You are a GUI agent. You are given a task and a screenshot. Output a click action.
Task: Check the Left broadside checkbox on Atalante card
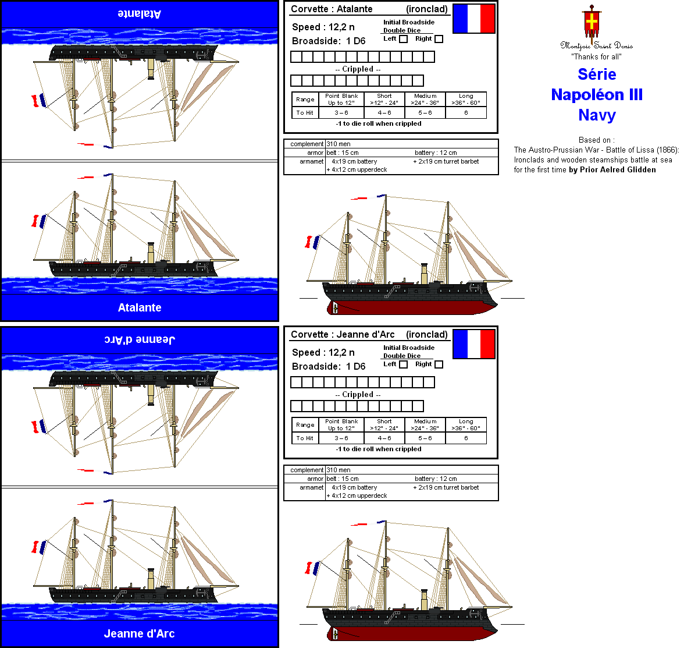[403, 39]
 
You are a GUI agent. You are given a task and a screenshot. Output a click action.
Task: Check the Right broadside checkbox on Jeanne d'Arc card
[439, 364]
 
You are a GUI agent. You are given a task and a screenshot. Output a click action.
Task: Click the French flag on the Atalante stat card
[473, 19]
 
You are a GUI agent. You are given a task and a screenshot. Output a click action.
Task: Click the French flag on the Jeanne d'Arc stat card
[473, 344]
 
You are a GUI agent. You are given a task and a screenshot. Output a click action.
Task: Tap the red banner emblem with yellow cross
[592, 22]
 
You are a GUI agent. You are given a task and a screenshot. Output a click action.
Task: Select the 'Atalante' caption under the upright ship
[140, 307]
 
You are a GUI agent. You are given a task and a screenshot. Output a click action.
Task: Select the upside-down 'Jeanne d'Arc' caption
[140, 339]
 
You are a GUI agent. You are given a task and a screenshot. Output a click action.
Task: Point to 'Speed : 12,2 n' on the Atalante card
[323, 27]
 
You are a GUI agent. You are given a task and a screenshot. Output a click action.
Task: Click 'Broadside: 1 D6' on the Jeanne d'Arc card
[329, 366]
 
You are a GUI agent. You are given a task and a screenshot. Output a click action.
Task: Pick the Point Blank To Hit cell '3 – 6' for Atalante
[341, 113]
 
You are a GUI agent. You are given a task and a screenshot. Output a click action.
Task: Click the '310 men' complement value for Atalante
[339, 144]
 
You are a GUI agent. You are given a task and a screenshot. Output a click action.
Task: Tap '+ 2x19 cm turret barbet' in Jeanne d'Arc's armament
[446, 487]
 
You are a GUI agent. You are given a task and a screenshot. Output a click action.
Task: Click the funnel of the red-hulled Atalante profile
[424, 274]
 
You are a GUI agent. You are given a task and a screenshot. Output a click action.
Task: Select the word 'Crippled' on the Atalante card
[358, 69]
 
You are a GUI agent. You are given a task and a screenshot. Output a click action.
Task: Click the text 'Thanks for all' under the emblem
[596, 56]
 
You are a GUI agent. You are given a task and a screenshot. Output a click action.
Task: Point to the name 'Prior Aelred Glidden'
[618, 169]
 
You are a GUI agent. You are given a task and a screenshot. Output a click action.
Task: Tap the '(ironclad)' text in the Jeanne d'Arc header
[427, 334]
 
